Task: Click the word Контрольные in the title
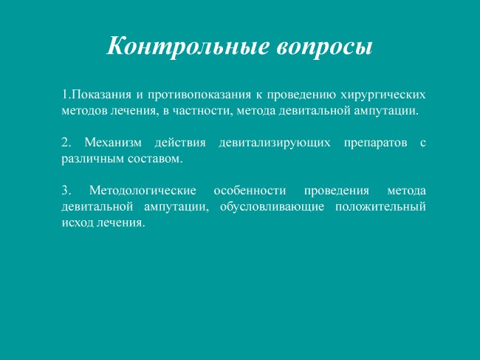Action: (x=188, y=46)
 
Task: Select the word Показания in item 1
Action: (x=101, y=94)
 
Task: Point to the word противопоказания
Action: (x=199, y=95)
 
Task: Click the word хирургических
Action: (x=383, y=95)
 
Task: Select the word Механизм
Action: (x=113, y=143)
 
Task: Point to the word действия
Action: (x=180, y=143)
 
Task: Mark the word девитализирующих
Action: (x=275, y=143)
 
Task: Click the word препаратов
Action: (x=376, y=143)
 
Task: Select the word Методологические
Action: (x=143, y=191)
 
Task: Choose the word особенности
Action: (x=250, y=191)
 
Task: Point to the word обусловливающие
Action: (x=272, y=206)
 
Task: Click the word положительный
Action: (x=380, y=206)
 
